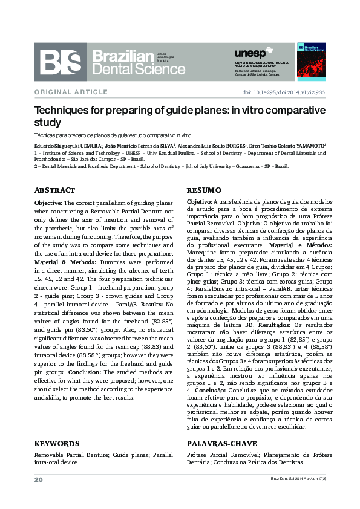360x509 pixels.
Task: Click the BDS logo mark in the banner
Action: tap(61, 62)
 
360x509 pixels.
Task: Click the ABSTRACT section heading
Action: tap(54, 190)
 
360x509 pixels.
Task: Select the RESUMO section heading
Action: tap(199, 190)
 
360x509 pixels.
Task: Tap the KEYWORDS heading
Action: tap(57, 443)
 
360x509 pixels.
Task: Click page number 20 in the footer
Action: tap(38, 479)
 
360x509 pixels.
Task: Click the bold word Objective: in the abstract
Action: tap(48, 203)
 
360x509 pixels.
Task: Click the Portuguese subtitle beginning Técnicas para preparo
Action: tap(112, 135)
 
